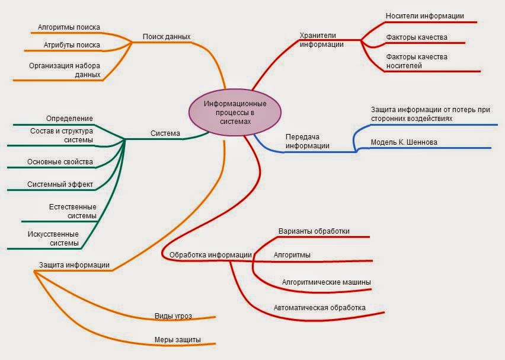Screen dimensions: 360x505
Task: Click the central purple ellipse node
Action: pyautogui.click(x=235, y=112)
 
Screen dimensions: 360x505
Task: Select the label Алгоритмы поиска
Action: pyautogui.click(x=69, y=27)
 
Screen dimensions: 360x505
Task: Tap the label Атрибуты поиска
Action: pyautogui.click(x=72, y=45)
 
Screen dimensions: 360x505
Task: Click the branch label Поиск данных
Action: pyautogui.click(x=167, y=37)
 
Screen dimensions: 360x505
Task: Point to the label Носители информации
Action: pyautogui.click(x=424, y=16)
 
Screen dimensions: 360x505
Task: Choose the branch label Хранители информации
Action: pyautogui.click(x=322, y=39)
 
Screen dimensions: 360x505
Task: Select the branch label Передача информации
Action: pyautogui.click(x=307, y=141)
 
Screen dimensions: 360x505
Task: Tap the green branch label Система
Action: pyautogui.click(x=165, y=133)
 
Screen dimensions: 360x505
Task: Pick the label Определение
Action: pyautogui.click(x=69, y=119)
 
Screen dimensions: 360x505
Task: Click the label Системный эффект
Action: pyautogui.click(x=60, y=184)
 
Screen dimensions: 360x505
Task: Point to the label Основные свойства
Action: pyautogui.click(x=60, y=162)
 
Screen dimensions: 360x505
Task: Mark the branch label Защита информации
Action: pyautogui.click(x=74, y=265)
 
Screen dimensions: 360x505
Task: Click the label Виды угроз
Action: pyautogui.click(x=173, y=316)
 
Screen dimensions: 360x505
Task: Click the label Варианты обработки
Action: pyautogui.click(x=314, y=231)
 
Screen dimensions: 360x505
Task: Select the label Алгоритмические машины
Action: pyautogui.click(x=327, y=282)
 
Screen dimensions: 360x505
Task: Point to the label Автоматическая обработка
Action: pyautogui.click(x=319, y=308)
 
